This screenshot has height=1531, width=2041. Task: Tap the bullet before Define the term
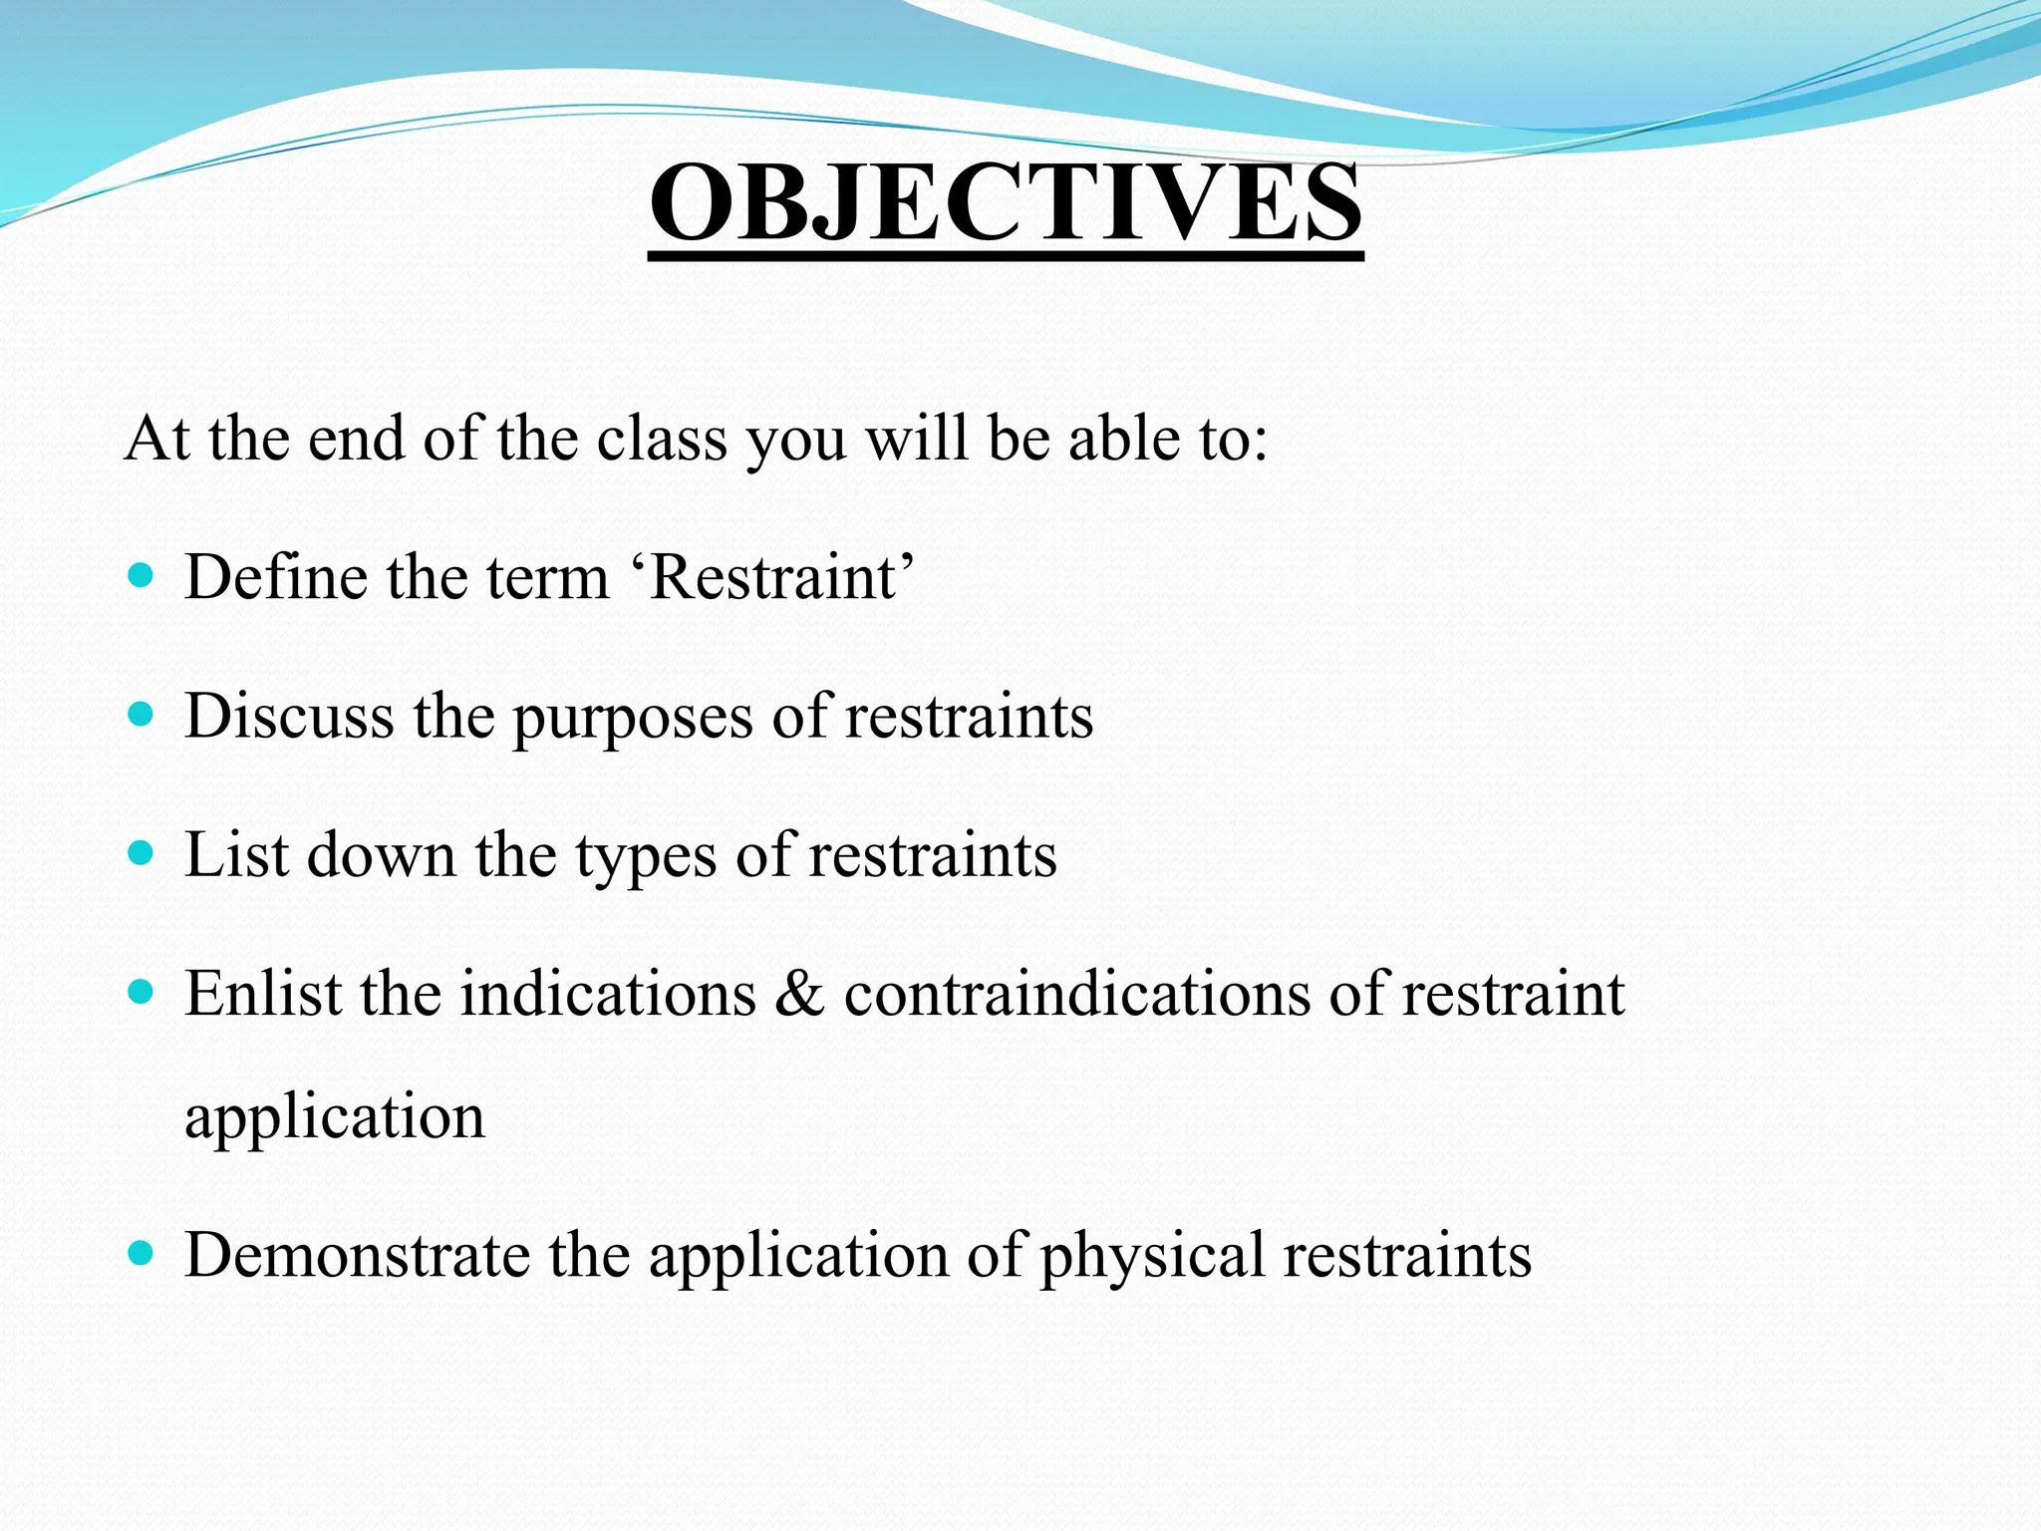pos(142,575)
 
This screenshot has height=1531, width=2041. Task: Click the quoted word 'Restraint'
pos(780,577)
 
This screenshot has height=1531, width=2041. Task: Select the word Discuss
pos(289,716)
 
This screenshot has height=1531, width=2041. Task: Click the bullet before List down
pos(142,853)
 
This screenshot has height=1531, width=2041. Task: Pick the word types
pos(646,858)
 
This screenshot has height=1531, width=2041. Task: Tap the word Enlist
pos(262,993)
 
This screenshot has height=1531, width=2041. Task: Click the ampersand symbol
pos(799,995)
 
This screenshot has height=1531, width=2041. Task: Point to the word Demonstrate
pos(357,1254)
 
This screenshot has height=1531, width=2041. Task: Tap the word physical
pos(1152,1257)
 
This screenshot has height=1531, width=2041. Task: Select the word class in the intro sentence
pos(662,438)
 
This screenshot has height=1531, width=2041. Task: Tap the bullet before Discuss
pos(142,714)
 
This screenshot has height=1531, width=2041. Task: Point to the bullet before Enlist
pos(142,992)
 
